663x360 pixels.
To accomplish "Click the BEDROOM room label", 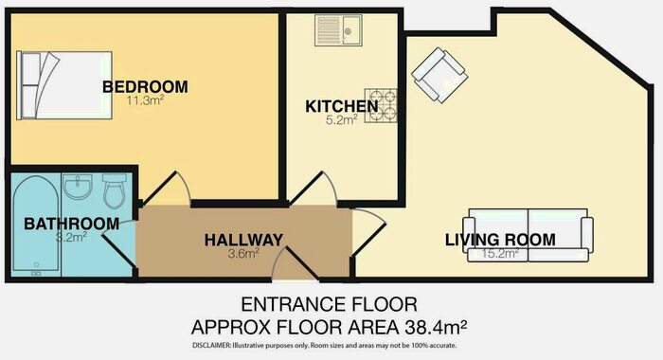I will pyautogui.click(x=145, y=87).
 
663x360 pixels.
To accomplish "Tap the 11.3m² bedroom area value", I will pyautogui.click(x=145, y=101).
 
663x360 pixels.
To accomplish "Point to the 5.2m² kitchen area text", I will pyautogui.click(x=342, y=121).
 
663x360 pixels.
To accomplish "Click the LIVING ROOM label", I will pyautogui.click(x=500, y=240).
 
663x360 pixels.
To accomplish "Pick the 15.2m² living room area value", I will pyautogui.click(x=500, y=254).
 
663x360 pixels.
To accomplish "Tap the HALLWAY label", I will pyautogui.click(x=242, y=240).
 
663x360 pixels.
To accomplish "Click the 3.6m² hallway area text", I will pyautogui.click(x=242, y=254).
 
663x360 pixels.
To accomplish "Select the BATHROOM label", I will pyautogui.click(x=72, y=224).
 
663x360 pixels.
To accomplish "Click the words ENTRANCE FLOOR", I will pyautogui.click(x=331, y=305).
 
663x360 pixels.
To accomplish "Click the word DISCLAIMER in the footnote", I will pyautogui.click(x=216, y=346).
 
